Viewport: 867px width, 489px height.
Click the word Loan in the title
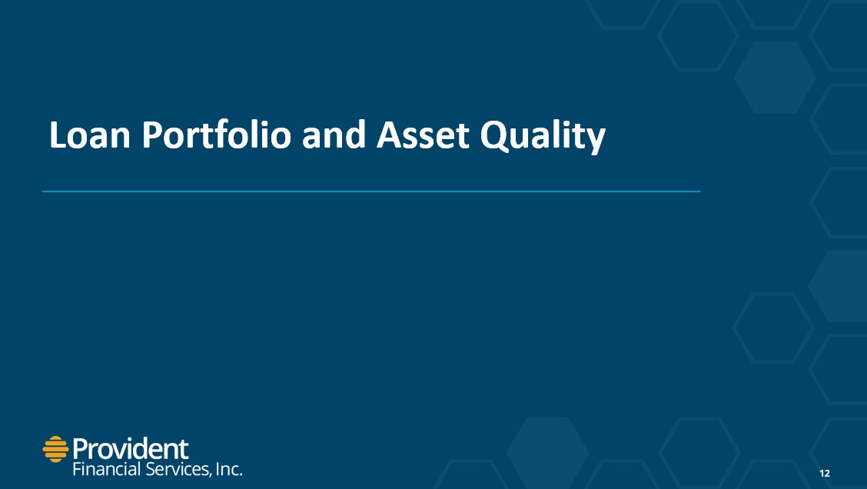coord(90,135)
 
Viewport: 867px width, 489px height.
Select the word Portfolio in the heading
coord(216,135)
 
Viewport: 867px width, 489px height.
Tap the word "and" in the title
coord(334,135)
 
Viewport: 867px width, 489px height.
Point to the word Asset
coord(423,135)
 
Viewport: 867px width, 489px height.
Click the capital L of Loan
coord(58,135)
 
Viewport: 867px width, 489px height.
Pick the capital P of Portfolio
coord(152,135)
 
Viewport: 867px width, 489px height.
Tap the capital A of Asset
coord(389,135)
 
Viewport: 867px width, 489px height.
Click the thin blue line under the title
coord(371,191)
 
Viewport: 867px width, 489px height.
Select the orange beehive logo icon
coord(55,449)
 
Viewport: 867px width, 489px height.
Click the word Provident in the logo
coord(131,448)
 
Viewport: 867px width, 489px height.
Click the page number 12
coord(825,473)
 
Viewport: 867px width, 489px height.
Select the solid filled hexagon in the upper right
coord(776,78)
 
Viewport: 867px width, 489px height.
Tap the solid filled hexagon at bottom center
coord(548,453)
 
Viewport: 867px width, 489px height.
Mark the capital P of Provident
coord(81,449)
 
